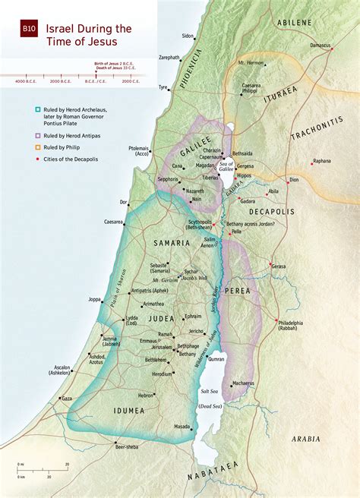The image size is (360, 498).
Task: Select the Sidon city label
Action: tap(188, 36)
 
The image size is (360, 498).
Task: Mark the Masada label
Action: tap(182, 427)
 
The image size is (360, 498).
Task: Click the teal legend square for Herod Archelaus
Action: tap(27, 109)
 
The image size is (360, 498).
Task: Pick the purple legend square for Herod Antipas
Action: tap(27, 134)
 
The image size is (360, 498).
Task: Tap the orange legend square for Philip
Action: tap(27, 147)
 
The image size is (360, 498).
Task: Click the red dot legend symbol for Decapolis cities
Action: tap(27, 159)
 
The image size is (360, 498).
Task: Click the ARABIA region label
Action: tap(306, 439)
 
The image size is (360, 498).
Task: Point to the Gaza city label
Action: tap(67, 398)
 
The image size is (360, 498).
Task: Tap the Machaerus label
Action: tap(243, 384)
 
